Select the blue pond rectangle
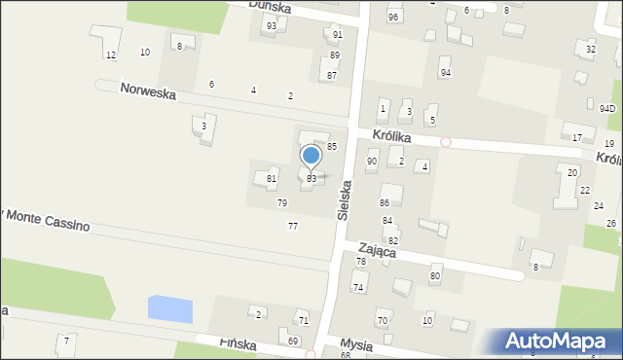point(169,309)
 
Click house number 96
point(393,18)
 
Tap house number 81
point(272,179)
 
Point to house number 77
point(292,226)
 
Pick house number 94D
point(607,108)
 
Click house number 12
point(111,54)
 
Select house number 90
point(372,161)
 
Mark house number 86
point(385,202)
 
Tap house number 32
point(591,49)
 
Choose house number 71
point(304,320)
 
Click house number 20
point(572,172)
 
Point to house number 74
point(358,287)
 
